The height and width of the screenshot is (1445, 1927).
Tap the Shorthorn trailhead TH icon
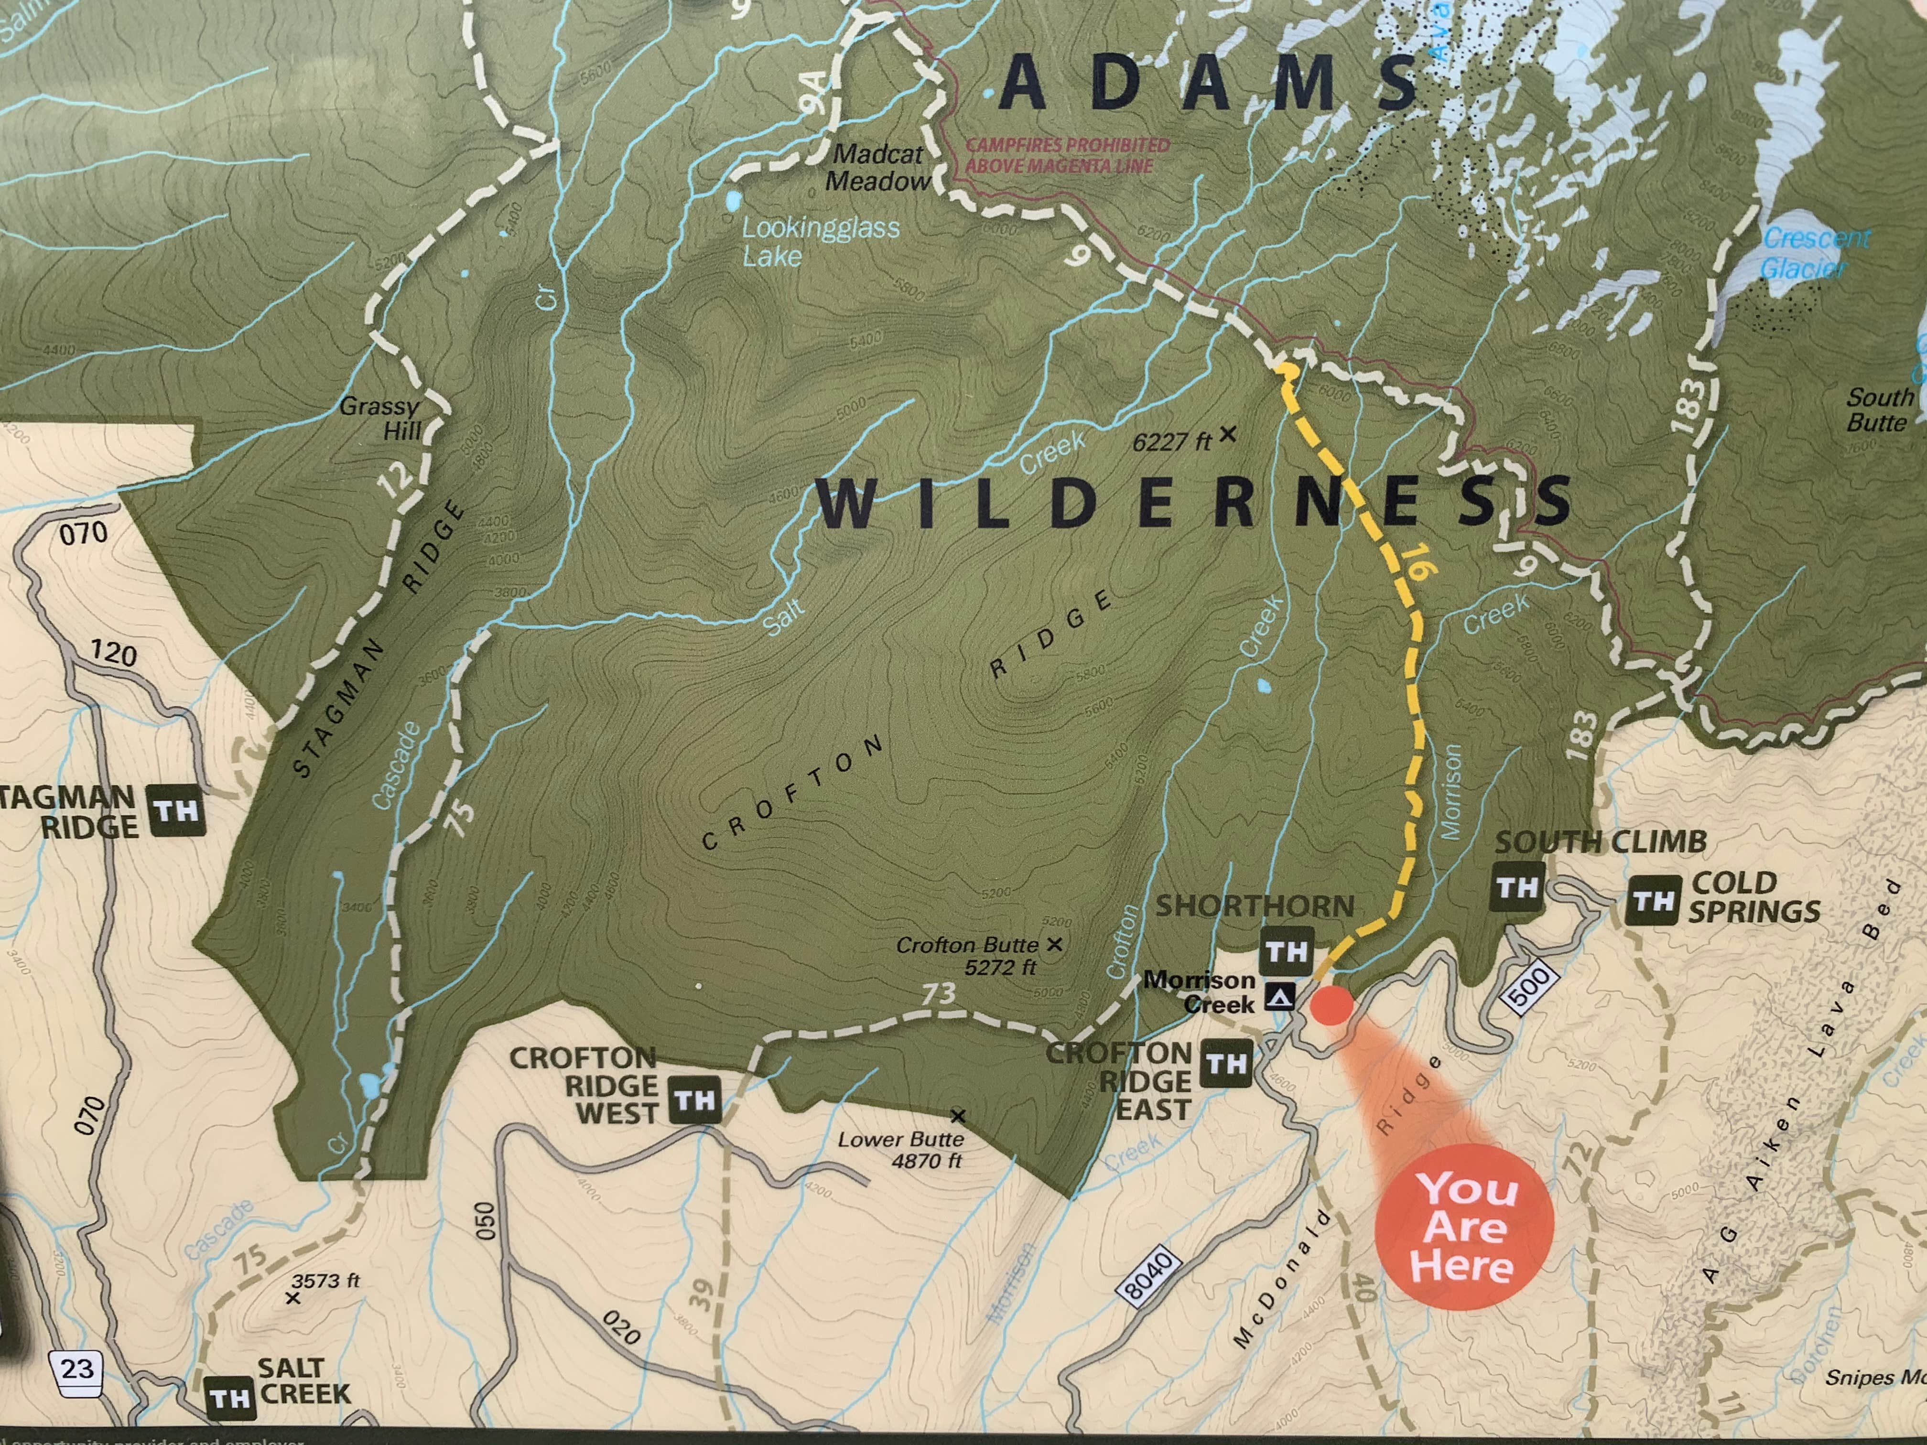pos(1287,951)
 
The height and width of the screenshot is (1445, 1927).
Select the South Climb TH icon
pos(1516,887)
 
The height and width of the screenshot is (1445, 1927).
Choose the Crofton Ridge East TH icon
pos(1226,1064)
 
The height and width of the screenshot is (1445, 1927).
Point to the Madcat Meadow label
pos(877,167)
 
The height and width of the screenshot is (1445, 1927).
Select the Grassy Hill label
pos(381,418)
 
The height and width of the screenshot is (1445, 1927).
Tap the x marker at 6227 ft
pos(1227,433)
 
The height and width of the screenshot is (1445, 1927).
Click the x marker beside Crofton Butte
pos(1054,943)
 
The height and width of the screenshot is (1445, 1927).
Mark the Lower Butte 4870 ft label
pos(901,1150)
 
